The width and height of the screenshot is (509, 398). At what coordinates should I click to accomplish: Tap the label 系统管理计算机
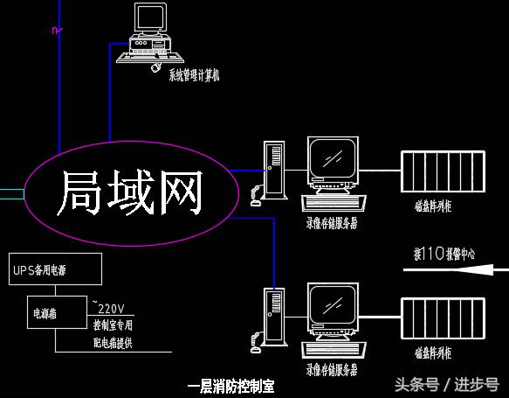tap(194, 75)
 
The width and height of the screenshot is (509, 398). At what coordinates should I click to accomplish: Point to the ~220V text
tap(108, 308)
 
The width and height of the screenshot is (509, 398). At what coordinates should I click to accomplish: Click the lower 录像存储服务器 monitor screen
tap(333, 310)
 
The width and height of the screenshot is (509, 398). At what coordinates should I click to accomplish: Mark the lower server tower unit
tap(275, 318)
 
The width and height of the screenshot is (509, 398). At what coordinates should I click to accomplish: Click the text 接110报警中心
tap(444, 255)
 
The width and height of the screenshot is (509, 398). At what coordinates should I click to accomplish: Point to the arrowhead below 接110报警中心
tap(409, 270)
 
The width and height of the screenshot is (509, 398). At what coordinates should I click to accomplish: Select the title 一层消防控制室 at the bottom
tap(230, 386)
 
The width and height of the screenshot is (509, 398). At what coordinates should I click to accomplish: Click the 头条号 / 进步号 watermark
tap(447, 384)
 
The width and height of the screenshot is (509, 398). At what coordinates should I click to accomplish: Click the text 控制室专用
tap(113, 325)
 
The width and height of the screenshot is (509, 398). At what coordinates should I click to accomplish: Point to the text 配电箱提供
tap(113, 341)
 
